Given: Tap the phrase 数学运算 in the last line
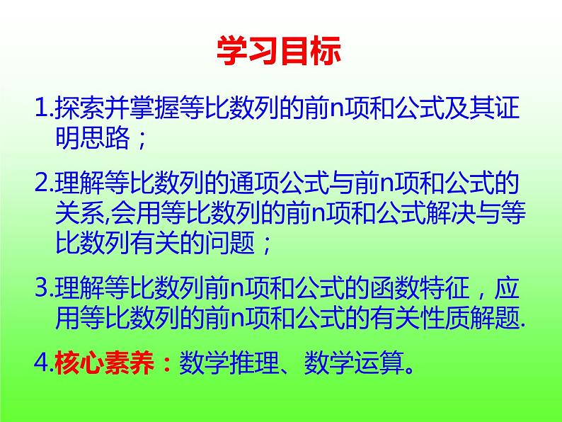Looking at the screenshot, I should (353, 364).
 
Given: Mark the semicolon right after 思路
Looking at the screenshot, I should (139, 139).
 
